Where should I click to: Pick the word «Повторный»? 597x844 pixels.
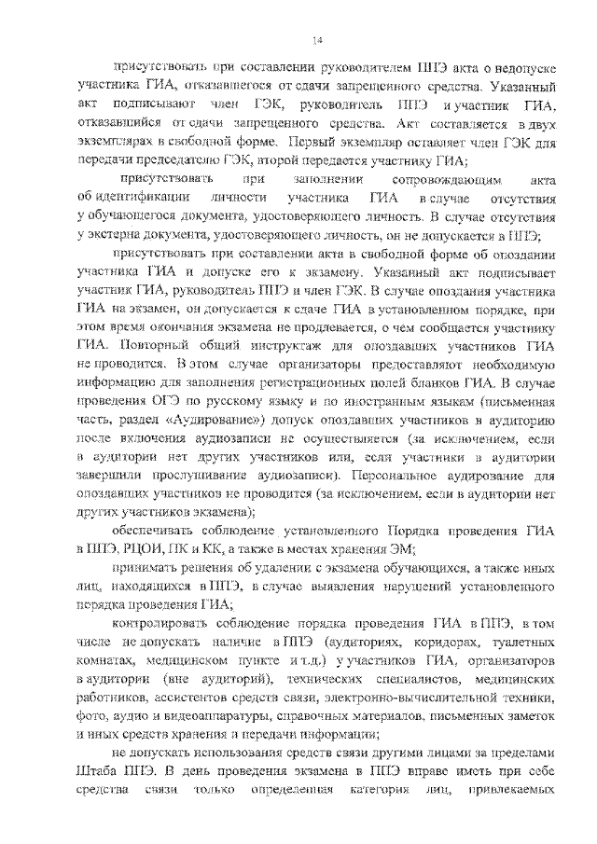(x=140, y=369)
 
